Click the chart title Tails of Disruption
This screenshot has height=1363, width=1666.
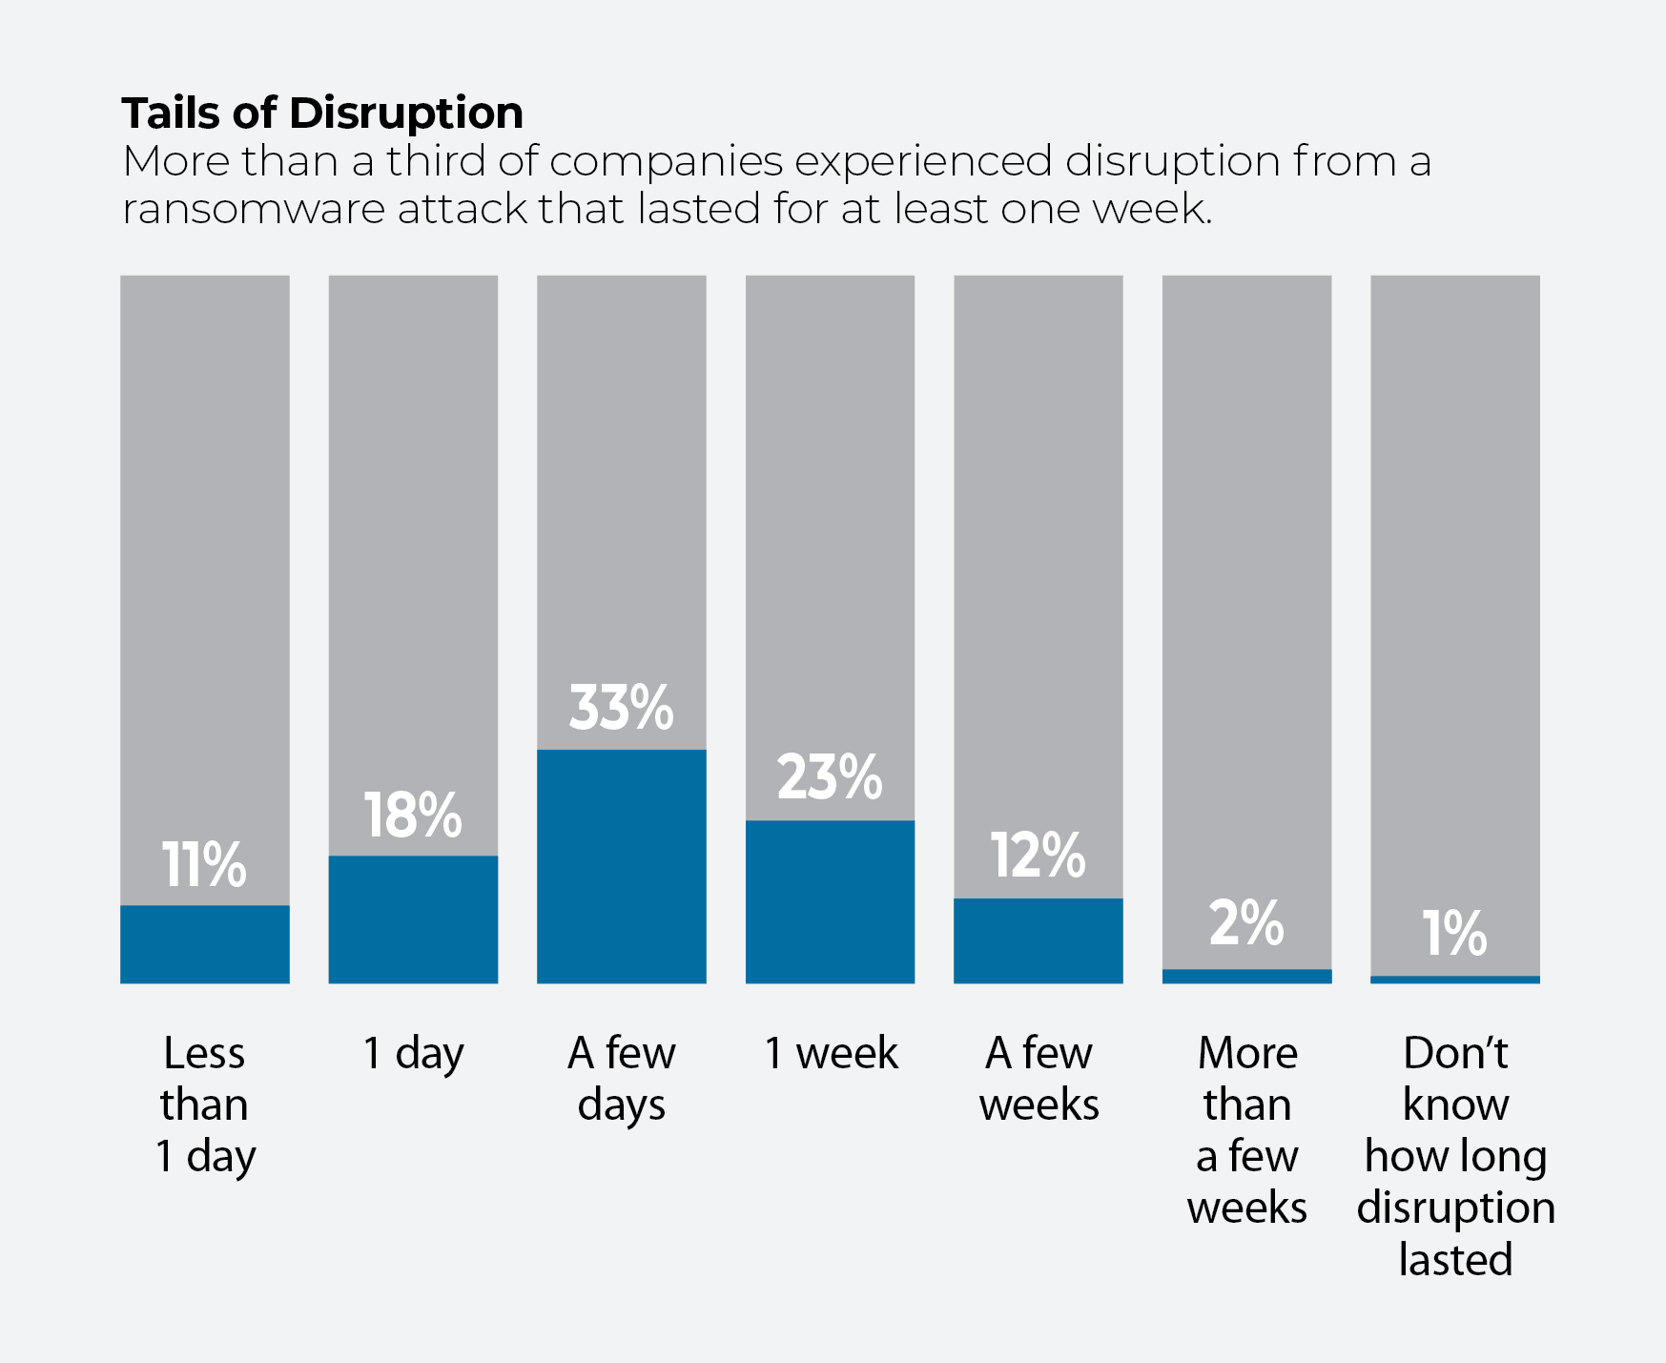coord(322,114)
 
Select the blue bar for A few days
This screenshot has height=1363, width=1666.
coord(622,866)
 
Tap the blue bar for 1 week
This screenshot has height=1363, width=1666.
coord(830,901)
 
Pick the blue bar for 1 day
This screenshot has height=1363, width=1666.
coord(413,919)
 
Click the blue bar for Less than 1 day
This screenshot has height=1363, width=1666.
coord(205,944)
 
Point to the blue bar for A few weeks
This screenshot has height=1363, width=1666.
coord(1039,940)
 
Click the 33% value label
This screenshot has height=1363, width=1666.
coord(621,708)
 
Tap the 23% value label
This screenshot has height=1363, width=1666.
coord(830,777)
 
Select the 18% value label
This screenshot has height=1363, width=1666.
coord(413,816)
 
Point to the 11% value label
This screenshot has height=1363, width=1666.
coord(204,865)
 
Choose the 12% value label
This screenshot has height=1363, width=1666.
coord(1038,855)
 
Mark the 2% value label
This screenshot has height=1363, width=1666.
coord(1246,923)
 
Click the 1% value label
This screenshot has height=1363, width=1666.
coord(1454,933)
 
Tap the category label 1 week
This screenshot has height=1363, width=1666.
coord(831,1053)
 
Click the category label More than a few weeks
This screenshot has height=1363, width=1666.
coord(1247,1130)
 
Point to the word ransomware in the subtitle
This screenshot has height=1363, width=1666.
coord(254,210)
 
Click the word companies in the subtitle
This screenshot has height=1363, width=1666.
coord(667,163)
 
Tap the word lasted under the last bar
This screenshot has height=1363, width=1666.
coord(1455,1260)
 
